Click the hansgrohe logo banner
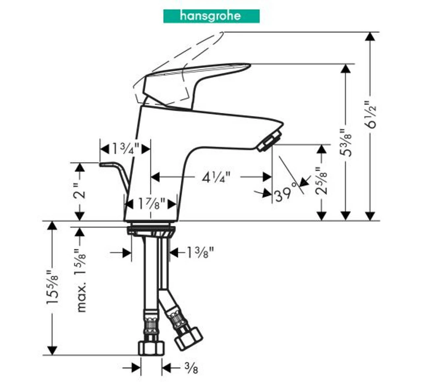(x=211, y=16)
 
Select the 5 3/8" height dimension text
(x=346, y=143)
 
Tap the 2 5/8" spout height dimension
(x=321, y=181)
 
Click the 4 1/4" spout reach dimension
(x=217, y=177)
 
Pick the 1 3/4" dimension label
(x=126, y=148)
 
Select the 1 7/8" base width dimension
(x=152, y=204)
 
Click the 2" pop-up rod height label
(x=79, y=191)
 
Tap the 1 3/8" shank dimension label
(x=200, y=252)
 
